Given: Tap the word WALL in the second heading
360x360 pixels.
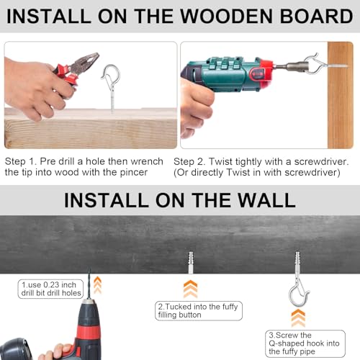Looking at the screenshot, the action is pos(266,200).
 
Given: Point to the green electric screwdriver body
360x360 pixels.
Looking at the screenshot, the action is pos(228,74).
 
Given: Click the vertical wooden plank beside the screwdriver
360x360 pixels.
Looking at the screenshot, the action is pos(340,95).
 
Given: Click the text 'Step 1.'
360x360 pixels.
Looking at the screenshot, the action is pos(21,161).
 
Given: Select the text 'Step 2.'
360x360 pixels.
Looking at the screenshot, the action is pos(189,161).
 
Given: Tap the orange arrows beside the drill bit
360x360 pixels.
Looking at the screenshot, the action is pos(97,285).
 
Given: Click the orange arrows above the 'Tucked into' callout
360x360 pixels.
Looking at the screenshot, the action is pos(190,289).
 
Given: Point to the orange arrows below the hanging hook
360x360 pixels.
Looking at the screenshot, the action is pos(298,318).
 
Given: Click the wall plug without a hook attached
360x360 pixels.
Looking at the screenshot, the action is pos(191,263).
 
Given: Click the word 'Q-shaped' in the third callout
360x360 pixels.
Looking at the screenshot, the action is pos(285,343).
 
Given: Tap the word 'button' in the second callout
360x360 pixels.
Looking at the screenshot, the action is pos(189,315).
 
